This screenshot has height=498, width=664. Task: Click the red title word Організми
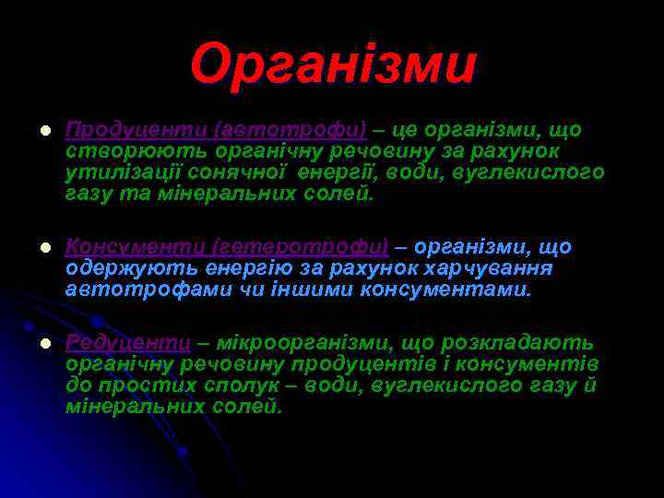pyautogui.click(x=334, y=65)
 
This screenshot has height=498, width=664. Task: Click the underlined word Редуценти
pyautogui.click(x=128, y=342)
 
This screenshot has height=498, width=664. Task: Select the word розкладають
pyautogui.click(x=517, y=342)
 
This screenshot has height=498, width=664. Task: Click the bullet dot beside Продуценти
pyautogui.click(x=32, y=130)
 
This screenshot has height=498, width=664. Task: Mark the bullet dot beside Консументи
pyautogui.click(x=32, y=248)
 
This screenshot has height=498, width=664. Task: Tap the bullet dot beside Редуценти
pyautogui.click(x=32, y=343)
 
